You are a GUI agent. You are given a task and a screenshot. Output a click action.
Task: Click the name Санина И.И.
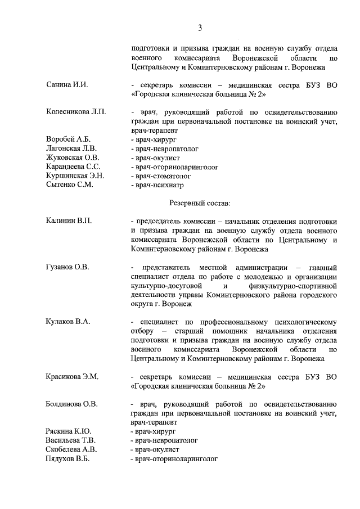pos(67,84)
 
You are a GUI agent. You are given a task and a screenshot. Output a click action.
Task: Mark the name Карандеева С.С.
pos(74,166)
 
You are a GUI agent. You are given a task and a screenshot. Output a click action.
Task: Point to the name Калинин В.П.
pos(69,221)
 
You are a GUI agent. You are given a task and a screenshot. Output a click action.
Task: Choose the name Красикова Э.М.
pos(72,376)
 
